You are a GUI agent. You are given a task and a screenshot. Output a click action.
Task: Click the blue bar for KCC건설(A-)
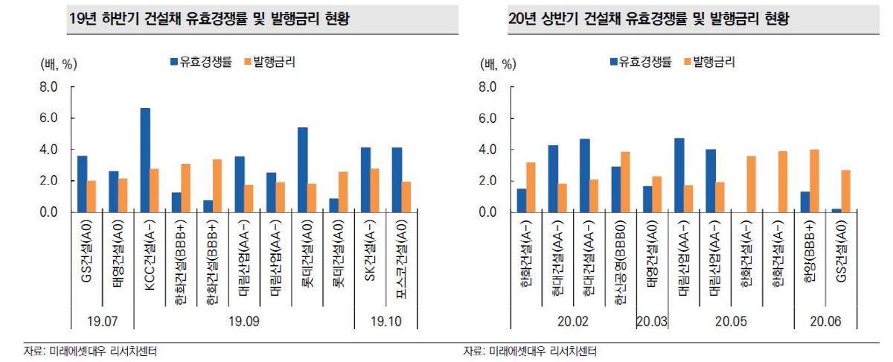pyautogui.click(x=145, y=160)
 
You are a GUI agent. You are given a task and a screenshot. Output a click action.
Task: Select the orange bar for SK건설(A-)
pyautogui.click(x=374, y=191)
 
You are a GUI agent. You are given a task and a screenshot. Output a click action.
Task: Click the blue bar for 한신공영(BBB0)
pyautogui.click(x=616, y=189)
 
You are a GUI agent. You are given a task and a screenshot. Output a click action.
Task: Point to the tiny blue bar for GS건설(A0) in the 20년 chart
pyautogui.click(x=836, y=210)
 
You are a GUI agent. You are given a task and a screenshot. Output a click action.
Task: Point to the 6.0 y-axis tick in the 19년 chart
pyautogui.click(x=48, y=118)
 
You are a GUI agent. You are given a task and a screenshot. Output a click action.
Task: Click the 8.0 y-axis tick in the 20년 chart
pyautogui.click(x=489, y=87)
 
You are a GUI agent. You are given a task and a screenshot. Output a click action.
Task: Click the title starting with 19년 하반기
pyautogui.click(x=208, y=20)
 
